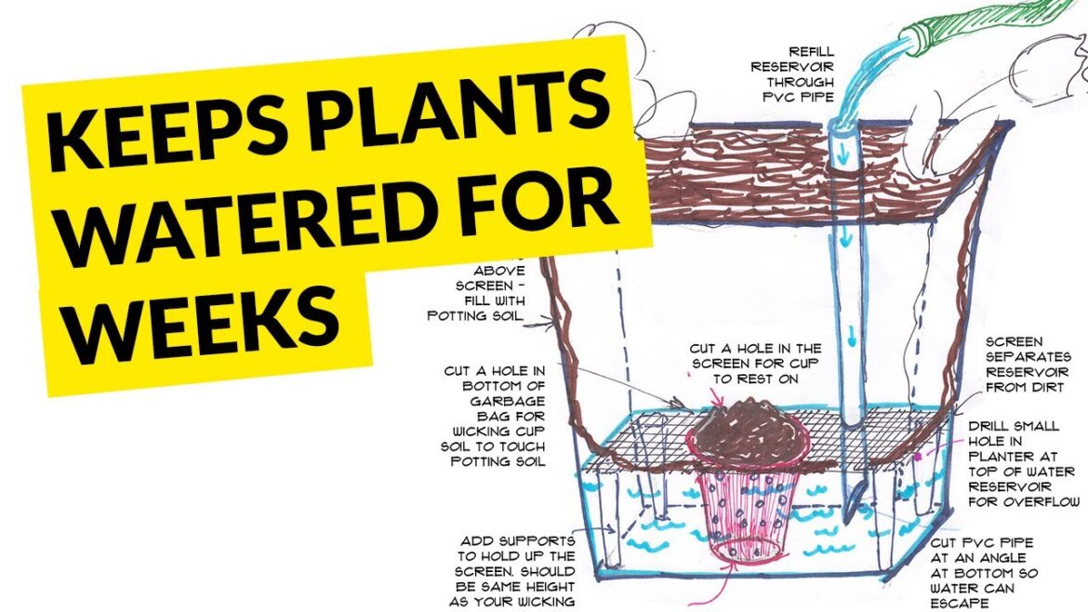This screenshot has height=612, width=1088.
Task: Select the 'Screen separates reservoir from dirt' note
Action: pyautogui.click(x=1028, y=364)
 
